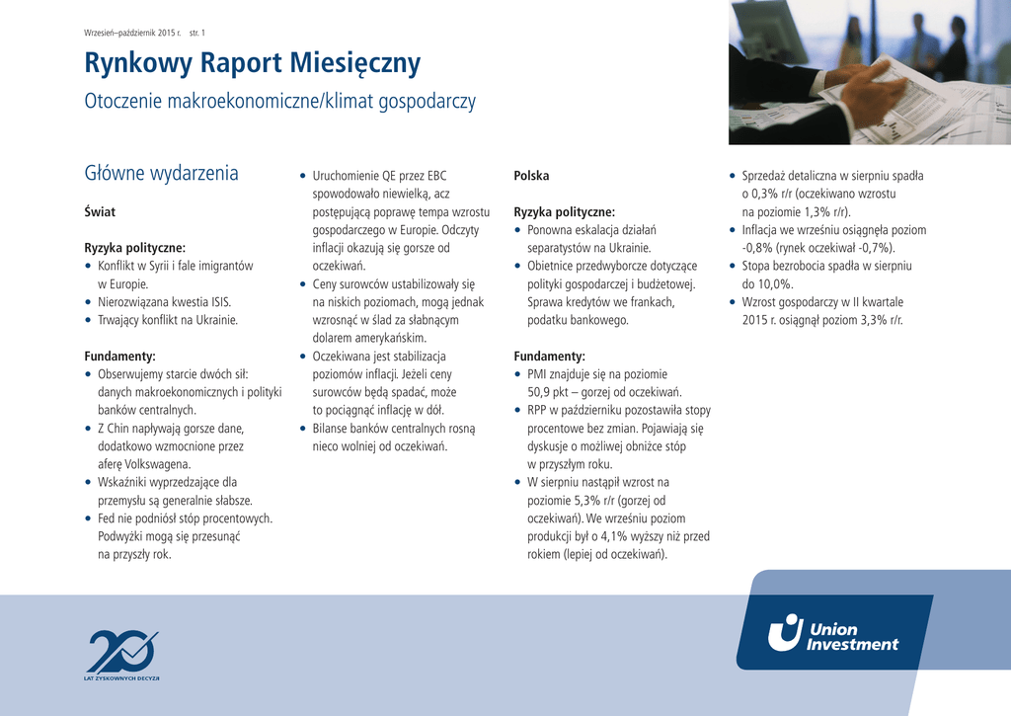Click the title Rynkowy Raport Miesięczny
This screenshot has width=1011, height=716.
253,64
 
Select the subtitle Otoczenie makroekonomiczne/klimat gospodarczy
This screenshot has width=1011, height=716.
280,102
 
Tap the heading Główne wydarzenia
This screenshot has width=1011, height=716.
162,174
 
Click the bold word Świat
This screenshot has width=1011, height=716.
100,212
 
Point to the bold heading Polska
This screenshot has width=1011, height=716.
531,176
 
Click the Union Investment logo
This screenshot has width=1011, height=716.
834,633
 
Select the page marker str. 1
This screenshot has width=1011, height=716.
197,33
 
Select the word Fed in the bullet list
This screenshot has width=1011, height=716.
108,518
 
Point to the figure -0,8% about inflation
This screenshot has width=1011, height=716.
757,248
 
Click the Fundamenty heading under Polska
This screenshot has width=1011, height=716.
549,357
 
